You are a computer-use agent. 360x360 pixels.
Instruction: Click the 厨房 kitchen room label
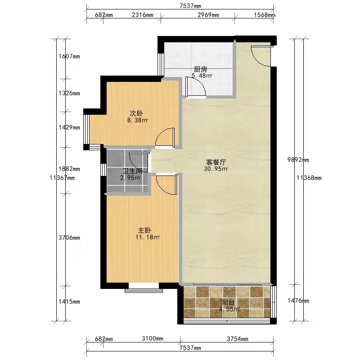tap(200, 69)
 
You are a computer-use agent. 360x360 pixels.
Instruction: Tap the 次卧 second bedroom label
tap(136, 113)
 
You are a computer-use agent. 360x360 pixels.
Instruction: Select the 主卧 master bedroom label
tap(144, 230)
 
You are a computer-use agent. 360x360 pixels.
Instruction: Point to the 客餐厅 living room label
tap(216, 162)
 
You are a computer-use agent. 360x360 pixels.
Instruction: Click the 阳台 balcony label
tap(228, 302)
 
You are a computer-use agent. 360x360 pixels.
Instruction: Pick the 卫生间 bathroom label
tap(132, 171)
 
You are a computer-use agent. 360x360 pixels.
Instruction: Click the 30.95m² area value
tap(216, 169)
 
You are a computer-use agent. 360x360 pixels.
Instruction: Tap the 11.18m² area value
tap(148, 237)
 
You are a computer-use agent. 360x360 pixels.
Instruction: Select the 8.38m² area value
tap(138, 120)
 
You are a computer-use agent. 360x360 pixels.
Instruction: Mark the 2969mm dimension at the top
tap(208, 15)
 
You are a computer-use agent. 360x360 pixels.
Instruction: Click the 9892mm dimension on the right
tap(298, 160)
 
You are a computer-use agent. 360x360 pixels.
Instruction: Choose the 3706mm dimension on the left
tap(69, 238)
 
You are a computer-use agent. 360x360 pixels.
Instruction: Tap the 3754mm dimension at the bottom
tap(238, 339)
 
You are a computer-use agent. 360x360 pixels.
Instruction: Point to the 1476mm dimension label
tap(298, 301)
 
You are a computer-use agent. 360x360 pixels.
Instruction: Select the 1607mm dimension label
tap(69, 56)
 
